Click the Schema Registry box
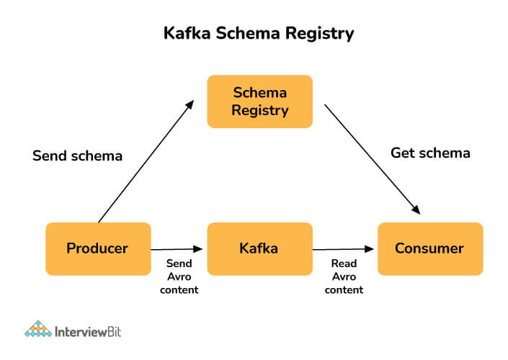coord(260,102)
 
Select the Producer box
coord(98,248)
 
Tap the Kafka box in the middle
coord(260,248)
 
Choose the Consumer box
coord(430,248)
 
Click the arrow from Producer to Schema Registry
coord(146,161)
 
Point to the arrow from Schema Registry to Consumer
coord(373,159)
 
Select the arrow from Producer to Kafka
coord(177,249)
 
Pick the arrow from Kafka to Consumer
coord(343,249)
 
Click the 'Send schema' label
coord(77,156)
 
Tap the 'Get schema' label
coord(430,153)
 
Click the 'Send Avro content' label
coord(179,276)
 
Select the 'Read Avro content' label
coord(344,276)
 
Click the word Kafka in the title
coord(187,33)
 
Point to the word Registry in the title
coord(319,34)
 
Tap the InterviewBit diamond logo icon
coord(38,329)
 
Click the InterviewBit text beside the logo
coord(88,332)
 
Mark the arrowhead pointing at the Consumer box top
coord(416,210)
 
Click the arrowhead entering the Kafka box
coord(198,249)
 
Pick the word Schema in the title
coord(248,33)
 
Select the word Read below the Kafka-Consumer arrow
coord(344,264)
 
